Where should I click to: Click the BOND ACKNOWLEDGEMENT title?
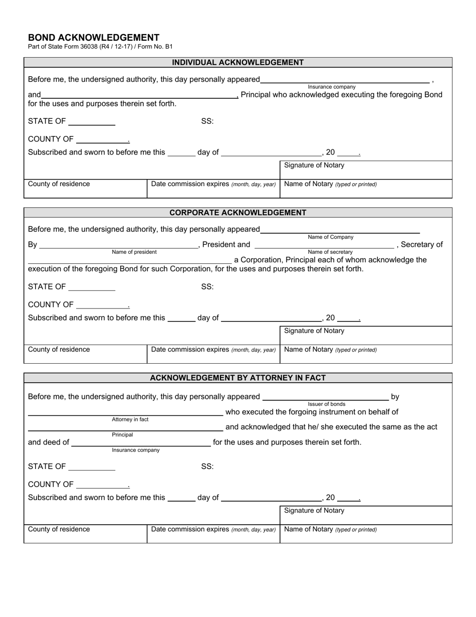[94, 38]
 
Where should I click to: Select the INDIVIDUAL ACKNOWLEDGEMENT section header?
[237, 63]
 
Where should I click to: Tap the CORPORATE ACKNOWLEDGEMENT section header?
[237, 213]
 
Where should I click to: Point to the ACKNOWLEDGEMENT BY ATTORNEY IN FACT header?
[237, 378]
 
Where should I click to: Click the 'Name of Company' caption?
[330, 237]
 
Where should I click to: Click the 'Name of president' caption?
[134, 252]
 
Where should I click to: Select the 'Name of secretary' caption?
[330, 252]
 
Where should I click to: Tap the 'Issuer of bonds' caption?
[326, 404]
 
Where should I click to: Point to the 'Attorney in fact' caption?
[130, 419]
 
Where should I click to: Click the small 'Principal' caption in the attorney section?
[122, 435]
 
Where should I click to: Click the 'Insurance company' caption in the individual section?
[331, 87]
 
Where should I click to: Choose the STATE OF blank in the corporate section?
[92, 287]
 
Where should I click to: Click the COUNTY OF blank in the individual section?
[102, 139]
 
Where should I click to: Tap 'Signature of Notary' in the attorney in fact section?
[314, 511]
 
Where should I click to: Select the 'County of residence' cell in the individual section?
[59, 184]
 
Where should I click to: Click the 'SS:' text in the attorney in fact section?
[207, 467]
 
